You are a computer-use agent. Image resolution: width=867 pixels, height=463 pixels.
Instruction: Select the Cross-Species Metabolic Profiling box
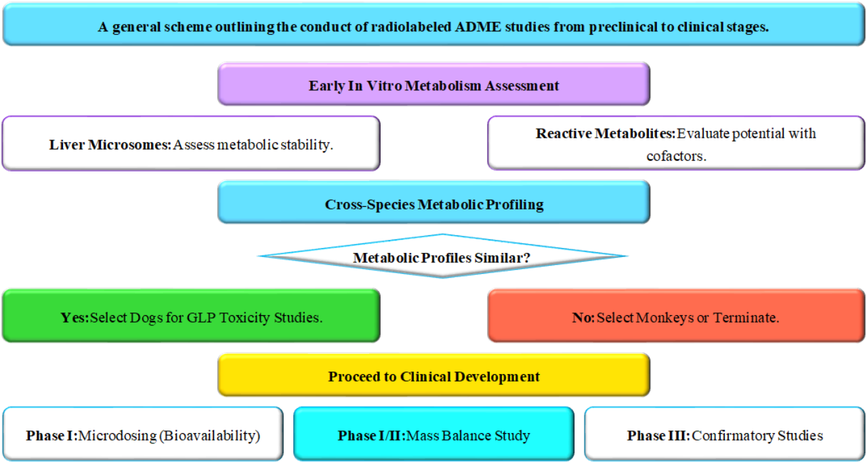(x=433, y=202)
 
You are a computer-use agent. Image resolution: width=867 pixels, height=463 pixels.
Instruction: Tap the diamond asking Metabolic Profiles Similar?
(x=442, y=256)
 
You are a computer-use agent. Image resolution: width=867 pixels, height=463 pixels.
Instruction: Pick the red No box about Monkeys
(x=675, y=315)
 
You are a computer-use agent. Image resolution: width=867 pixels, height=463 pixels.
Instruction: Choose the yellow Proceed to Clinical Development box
(x=433, y=375)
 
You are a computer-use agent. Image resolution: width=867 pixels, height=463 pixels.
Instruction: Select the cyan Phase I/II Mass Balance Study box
(x=433, y=435)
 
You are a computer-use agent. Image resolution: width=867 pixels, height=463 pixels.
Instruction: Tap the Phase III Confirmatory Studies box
(x=724, y=435)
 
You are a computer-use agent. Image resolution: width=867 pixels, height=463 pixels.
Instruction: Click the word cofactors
(x=675, y=155)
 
